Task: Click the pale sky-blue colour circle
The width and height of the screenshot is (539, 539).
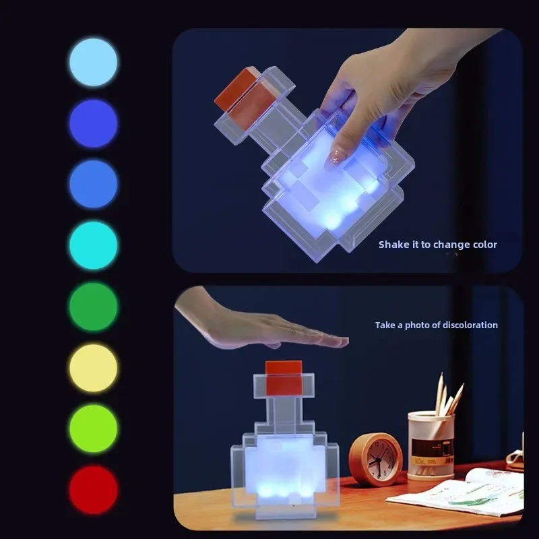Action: point(93,62)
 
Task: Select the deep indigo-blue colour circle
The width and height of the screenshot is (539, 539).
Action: point(93,123)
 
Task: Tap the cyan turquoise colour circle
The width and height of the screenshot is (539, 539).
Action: point(93,245)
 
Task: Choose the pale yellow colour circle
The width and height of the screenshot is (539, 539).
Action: point(93,368)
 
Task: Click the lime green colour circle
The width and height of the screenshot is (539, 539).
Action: point(93,429)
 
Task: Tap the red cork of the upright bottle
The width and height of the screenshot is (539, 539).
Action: point(283,377)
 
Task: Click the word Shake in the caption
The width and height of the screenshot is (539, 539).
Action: point(393,245)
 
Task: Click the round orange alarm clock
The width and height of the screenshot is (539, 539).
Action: point(375,459)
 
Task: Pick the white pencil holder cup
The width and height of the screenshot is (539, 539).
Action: point(431,445)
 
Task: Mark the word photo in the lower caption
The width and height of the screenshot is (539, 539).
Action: point(418,325)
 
